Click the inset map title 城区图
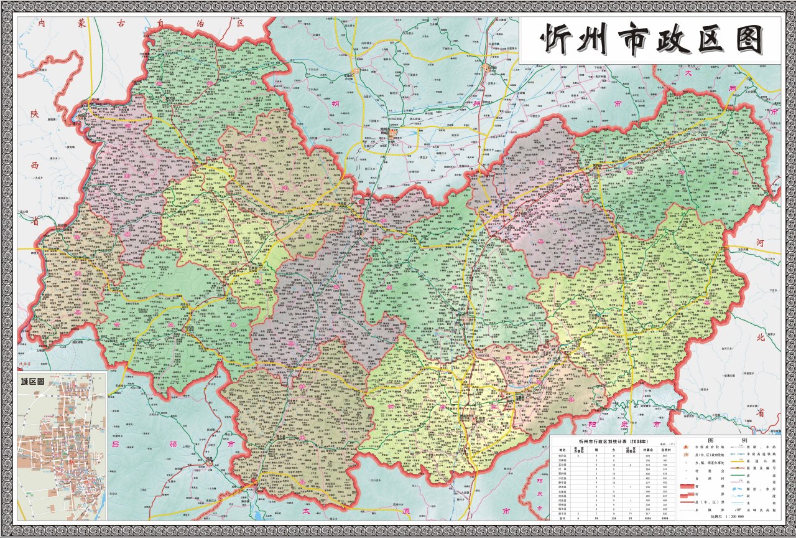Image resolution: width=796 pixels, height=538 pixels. click(32, 382)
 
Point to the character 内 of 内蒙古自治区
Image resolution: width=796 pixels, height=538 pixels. click(42, 23)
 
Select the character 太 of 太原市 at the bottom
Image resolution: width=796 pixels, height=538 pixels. click(305, 511)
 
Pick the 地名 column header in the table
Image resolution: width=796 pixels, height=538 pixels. click(562, 448)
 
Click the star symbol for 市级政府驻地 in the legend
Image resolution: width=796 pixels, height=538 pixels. click(682, 447)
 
